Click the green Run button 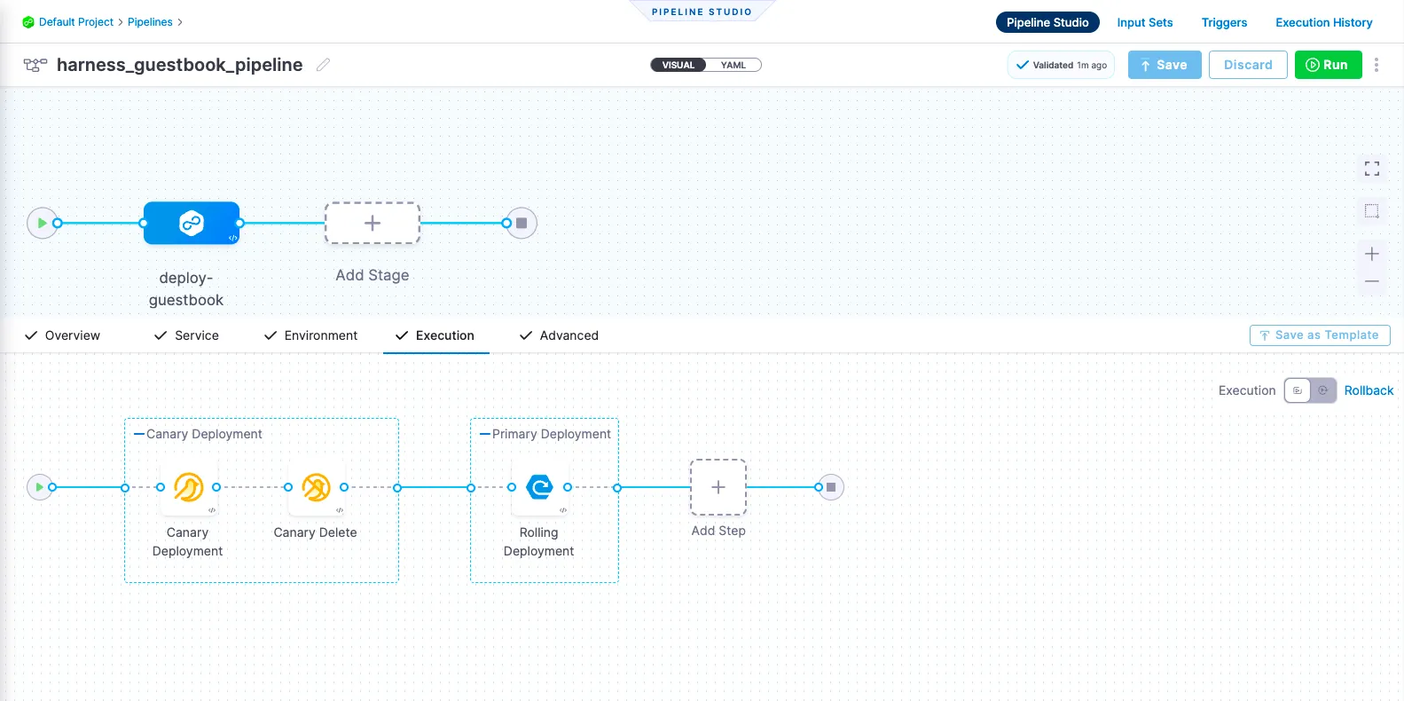click(1328, 65)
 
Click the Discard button click(1247, 65)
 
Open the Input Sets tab click(1144, 22)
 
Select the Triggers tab click(1224, 22)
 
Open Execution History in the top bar click(1323, 22)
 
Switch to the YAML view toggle click(733, 65)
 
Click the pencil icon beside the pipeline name click(324, 65)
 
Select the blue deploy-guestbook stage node click(192, 223)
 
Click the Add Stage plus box click(373, 223)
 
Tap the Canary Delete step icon click(316, 487)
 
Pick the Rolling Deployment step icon click(539, 487)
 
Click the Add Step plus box click(718, 487)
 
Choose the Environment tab click(310, 335)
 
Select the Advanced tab click(559, 335)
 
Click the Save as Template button click(1319, 335)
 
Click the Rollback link click(1369, 390)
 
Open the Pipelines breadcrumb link click(150, 22)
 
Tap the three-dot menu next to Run click(1377, 65)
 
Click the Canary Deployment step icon click(188, 487)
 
